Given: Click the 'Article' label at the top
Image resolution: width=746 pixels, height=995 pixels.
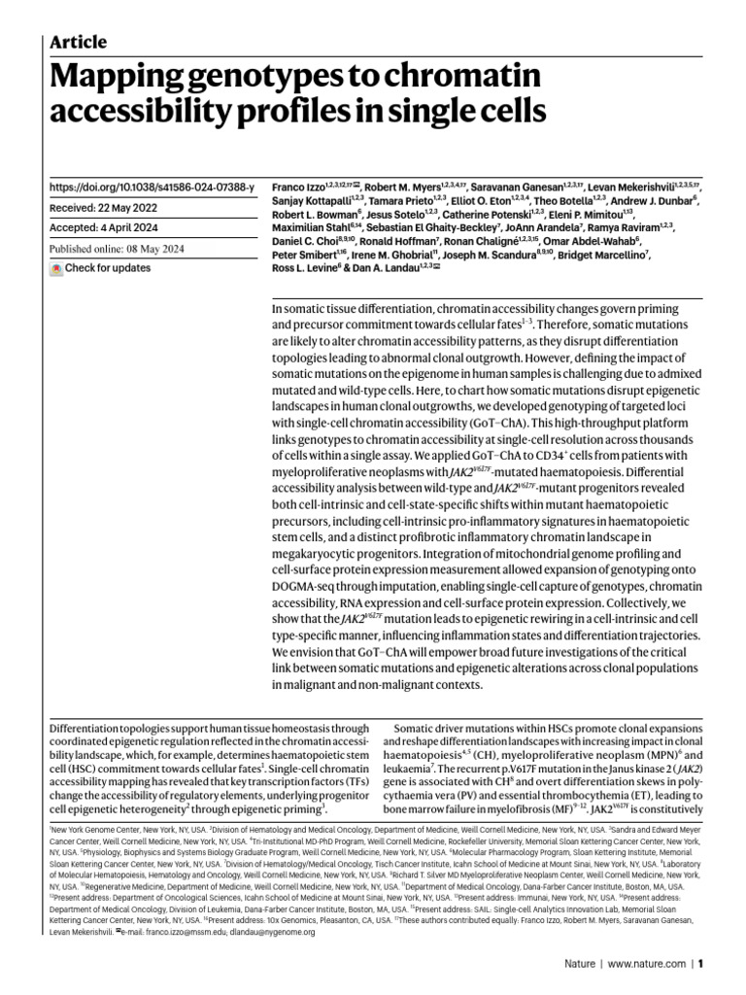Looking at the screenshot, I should [78, 41].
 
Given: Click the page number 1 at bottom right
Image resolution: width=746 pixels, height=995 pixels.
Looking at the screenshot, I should [700, 965].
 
